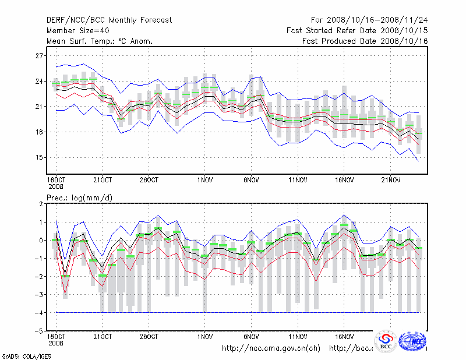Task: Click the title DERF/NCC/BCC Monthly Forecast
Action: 109,20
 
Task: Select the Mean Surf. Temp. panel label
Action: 100,41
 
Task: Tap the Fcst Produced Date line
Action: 365,41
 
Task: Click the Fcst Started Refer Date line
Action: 357,30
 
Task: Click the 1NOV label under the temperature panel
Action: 204,180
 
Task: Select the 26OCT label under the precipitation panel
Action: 149,337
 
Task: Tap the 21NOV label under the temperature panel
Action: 391,180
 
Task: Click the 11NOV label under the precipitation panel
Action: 298,337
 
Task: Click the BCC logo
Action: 385,342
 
